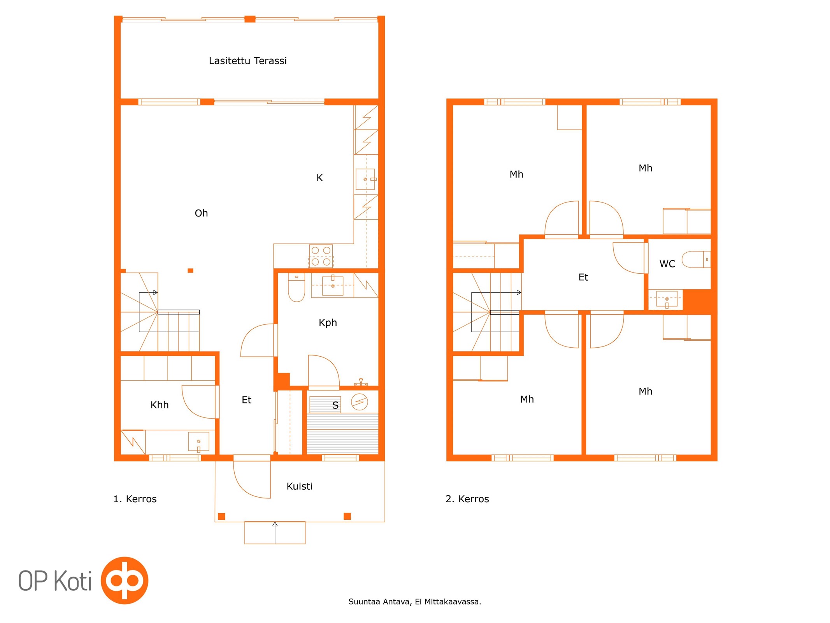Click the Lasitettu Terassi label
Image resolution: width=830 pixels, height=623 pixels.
(247, 61)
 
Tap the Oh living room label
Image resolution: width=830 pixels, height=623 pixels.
(201, 213)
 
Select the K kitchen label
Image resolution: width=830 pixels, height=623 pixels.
(319, 178)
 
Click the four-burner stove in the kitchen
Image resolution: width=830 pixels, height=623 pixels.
(321, 256)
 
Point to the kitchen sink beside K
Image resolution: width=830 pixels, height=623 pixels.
(365, 179)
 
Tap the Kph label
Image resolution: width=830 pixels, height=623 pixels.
(328, 322)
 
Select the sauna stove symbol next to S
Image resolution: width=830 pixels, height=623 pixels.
(359, 402)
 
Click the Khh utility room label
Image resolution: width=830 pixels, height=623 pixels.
(160, 405)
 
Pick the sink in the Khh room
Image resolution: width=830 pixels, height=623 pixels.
(198, 442)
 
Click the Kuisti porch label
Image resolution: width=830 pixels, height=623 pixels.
(299, 486)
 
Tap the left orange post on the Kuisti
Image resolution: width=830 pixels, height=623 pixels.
(221, 516)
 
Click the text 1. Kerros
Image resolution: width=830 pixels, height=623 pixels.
(135, 499)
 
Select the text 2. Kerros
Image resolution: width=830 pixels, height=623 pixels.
(467, 499)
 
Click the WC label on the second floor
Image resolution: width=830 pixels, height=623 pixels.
(667, 264)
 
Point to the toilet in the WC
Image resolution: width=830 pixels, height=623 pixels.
(696, 259)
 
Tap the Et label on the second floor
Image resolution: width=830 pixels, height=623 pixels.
(583, 277)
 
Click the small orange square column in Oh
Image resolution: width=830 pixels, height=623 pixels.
(190, 271)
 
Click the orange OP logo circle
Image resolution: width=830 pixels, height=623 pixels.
(125, 580)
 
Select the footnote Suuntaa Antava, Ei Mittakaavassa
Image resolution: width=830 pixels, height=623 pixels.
(414, 602)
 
